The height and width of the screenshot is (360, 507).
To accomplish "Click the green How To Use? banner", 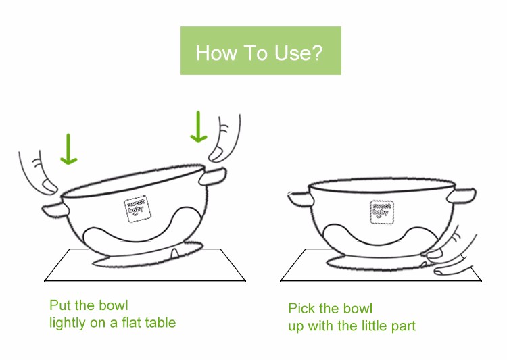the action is tap(261, 51).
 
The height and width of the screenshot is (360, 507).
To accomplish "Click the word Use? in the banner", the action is tap(298, 53).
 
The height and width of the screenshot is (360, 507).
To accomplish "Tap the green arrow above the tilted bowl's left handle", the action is tap(68, 149).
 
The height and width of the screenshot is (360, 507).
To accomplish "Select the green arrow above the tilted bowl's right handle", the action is tap(198, 127).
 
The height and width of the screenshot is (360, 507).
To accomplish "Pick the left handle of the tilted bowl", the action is tap(55, 210).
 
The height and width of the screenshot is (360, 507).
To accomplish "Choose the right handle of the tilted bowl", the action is tap(212, 176).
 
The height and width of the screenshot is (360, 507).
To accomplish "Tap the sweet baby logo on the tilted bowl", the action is tap(137, 209).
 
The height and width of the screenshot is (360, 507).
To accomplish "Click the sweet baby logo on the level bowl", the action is tap(382, 212).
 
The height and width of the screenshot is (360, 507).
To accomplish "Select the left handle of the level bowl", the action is tap(300, 199).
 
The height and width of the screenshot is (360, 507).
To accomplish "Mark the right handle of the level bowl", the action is tap(462, 195).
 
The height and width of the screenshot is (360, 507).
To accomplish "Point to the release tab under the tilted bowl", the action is tap(174, 253).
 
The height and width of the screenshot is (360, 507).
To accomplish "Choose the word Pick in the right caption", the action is tap(301, 309).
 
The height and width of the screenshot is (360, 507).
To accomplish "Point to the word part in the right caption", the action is tap(403, 327).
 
